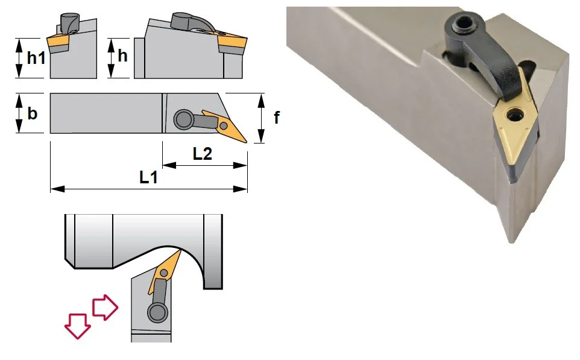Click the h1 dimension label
(36, 58)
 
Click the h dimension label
(122, 56)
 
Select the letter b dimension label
(33, 113)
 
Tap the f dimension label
(276, 118)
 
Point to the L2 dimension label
(203, 154)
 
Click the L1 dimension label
(148, 178)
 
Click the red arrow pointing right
(105, 307)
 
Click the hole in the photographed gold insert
(514, 116)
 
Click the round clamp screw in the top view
(183, 119)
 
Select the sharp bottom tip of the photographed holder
(511, 242)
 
